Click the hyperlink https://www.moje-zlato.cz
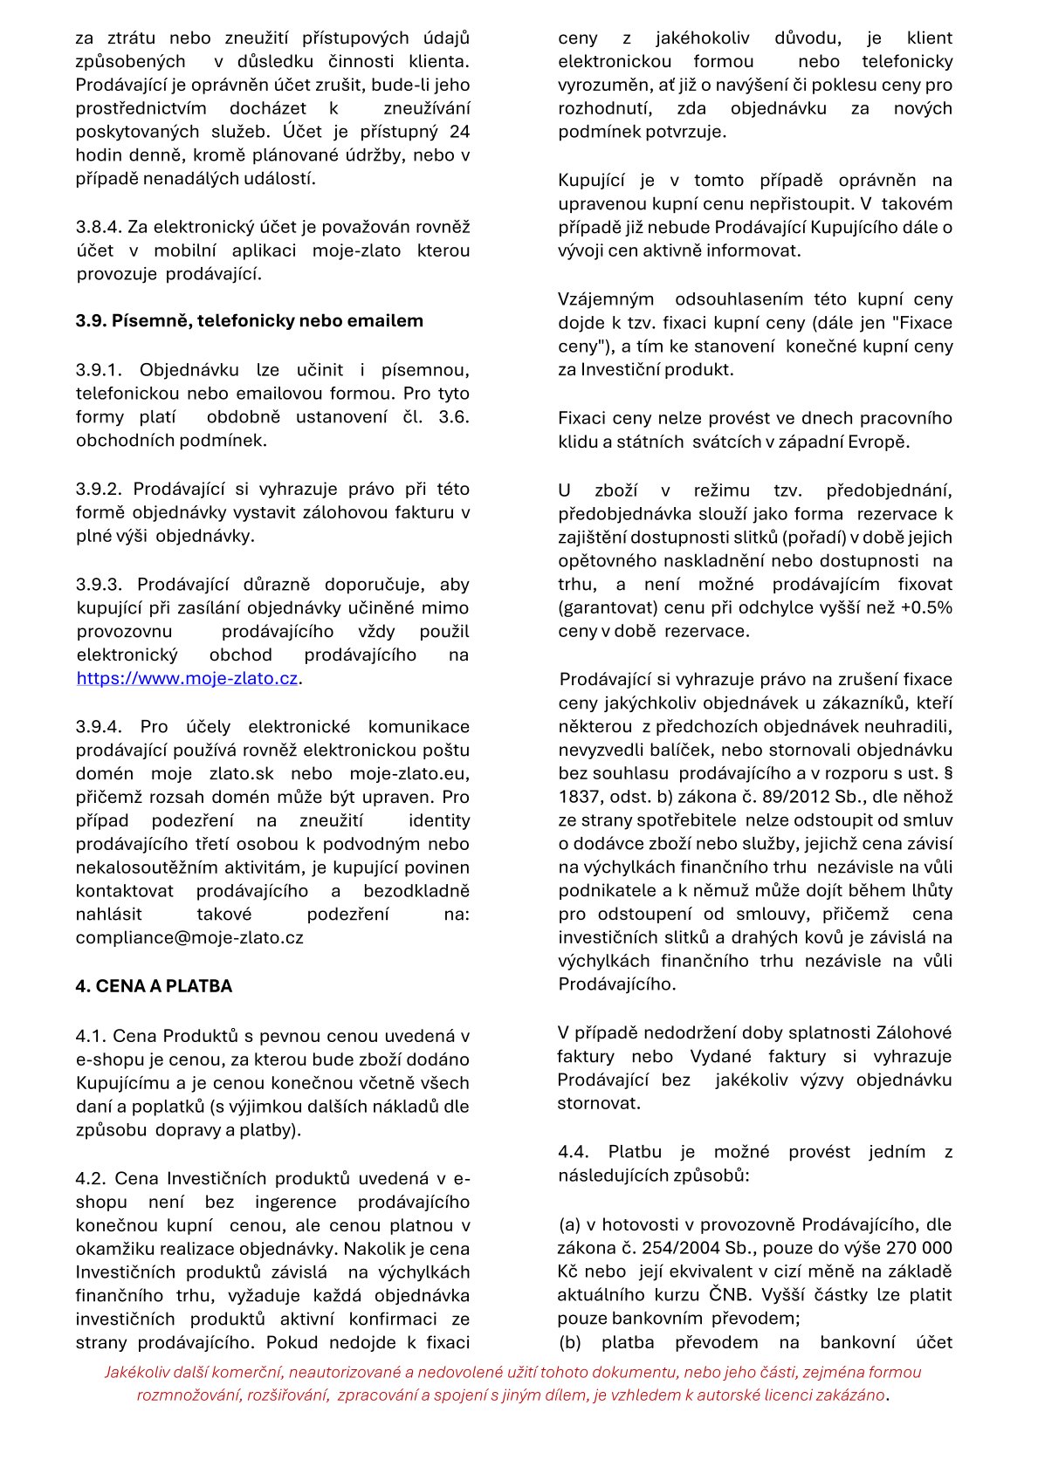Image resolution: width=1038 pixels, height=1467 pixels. (187, 678)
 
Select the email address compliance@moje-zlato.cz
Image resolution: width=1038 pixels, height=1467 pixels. (189, 937)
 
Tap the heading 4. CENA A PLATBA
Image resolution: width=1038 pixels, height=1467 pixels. (154, 986)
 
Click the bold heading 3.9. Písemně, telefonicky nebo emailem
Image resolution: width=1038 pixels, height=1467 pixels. (249, 320)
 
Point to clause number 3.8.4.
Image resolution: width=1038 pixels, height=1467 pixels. (98, 227)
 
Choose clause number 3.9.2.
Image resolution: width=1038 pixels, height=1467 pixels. (100, 489)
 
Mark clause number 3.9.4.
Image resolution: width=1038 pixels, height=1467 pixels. (100, 726)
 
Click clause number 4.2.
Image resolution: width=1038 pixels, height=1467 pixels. (91, 1178)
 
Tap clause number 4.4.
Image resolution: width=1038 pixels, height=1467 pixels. (574, 1151)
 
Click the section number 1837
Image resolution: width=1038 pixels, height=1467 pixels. (580, 796)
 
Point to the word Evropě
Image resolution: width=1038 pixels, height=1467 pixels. (878, 441)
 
